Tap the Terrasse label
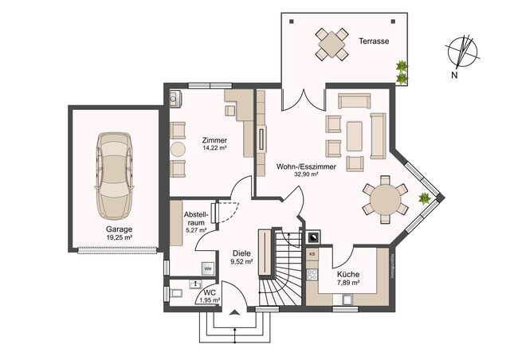[373, 41]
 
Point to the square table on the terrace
[331, 44]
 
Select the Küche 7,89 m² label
[348, 279]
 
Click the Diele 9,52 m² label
[241, 256]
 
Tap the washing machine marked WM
[207, 268]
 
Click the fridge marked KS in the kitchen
[312, 254]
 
